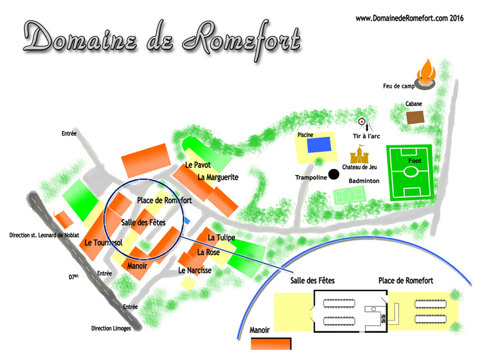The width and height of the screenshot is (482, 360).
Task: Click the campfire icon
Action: pyautogui.click(x=426, y=74)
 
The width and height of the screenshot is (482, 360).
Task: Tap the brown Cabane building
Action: pyautogui.click(x=416, y=118)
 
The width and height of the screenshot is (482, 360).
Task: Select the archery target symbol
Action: pyautogui.click(x=362, y=122)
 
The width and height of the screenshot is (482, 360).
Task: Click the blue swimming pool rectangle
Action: pyautogui.click(x=319, y=145)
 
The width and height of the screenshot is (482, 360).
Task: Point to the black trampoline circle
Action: pyautogui.click(x=334, y=174)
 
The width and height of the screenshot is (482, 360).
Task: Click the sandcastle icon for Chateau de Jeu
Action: pyautogui.click(x=359, y=154)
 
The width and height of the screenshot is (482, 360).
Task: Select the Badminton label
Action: pyautogui.click(x=364, y=181)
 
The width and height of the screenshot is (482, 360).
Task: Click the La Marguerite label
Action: pyautogui.click(x=218, y=177)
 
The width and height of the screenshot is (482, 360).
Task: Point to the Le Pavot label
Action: pyautogui.click(x=197, y=165)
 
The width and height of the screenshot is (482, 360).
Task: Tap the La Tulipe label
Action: pyautogui.click(x=221, y=239)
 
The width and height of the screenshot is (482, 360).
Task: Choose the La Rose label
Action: pyautogui.click(x=208, y=253)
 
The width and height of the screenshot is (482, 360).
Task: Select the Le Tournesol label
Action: pyautogui.click(x=103, y=243)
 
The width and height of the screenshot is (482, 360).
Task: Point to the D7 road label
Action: pyautogui.click(x=73, y=277)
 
